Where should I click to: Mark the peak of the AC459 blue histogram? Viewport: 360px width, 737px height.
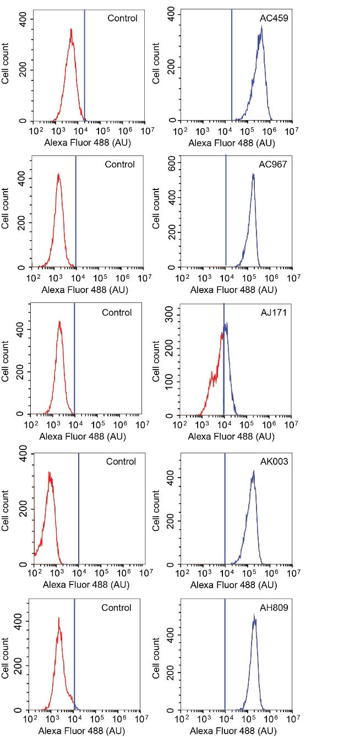[261, 26]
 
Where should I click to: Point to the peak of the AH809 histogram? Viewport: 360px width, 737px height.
[254, 615]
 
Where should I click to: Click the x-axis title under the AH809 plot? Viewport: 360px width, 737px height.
[233, 731]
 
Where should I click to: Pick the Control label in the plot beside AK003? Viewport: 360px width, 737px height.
[121, 461]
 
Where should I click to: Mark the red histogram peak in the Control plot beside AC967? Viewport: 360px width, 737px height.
[58, 175]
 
